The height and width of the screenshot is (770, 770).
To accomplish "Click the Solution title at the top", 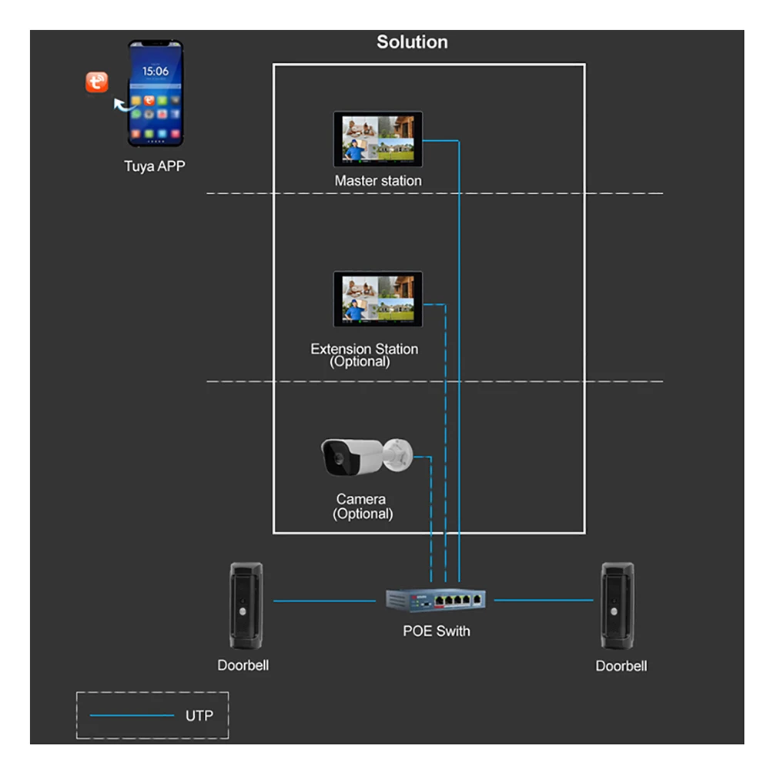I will pos(411,42).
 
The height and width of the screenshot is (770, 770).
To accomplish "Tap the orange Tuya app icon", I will pos(97,82).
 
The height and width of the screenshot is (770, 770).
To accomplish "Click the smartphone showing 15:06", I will pos(155,93).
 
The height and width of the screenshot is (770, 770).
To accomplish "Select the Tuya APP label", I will pos(155,166).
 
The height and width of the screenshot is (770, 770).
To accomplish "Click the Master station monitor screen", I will pos(377,139).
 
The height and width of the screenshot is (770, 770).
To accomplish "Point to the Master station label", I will pos(377,181).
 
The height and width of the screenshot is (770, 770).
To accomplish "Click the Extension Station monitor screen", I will pos(377,299).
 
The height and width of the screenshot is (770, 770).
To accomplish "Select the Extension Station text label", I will pos(364,349).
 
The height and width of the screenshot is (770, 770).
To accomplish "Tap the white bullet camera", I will pos(366,457).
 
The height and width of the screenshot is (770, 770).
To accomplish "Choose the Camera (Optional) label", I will pos(362,506).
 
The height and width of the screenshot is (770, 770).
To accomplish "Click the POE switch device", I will pos(437,598).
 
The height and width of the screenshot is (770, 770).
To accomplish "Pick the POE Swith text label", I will pos(437,631).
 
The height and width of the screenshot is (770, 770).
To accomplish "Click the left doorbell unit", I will pos(246,605).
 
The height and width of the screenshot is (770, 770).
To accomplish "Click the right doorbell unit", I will pos(618,605).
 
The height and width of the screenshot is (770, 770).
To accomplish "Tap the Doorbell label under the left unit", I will pos(243,665).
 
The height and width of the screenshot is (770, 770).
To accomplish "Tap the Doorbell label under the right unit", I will pos(621,666).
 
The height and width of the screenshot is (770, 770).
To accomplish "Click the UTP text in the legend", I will pos(199,716).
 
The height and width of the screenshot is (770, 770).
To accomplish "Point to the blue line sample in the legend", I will pos(132,716).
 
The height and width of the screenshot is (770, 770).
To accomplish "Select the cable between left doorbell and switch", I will pos(330,601).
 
